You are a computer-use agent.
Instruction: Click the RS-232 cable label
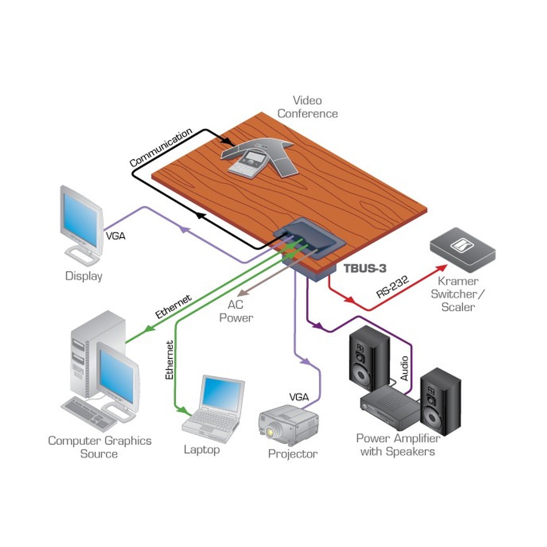click(x=392, y=286)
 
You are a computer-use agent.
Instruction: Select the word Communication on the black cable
click(x=160, y=147)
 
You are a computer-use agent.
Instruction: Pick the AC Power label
click(x=236, y=311)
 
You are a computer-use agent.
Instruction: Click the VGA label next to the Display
click(x=115, y=236)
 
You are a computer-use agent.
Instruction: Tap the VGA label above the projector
click(x=299, y=397)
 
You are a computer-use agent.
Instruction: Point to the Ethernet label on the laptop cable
click(x=170, y=360)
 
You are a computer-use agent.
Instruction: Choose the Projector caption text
click(x=293, y=454)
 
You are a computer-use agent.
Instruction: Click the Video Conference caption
click(x=308, y=107)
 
